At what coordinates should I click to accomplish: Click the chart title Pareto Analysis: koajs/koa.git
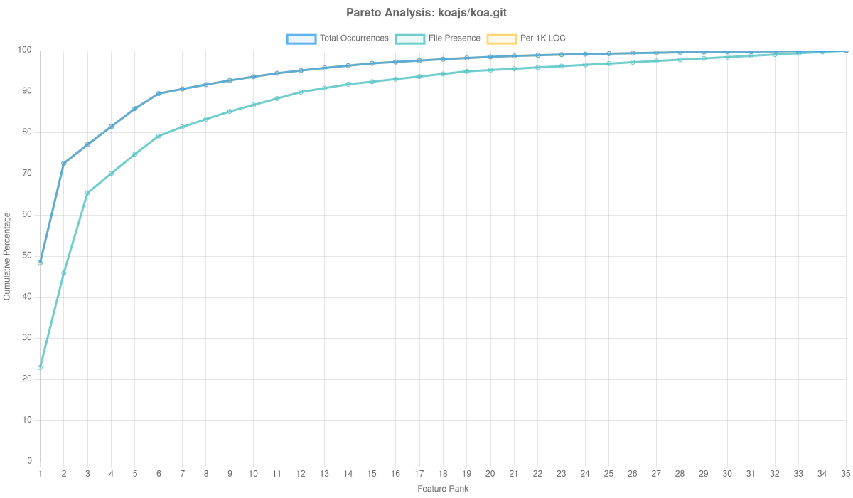coord(426,13)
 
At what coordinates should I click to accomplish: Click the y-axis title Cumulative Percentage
coord(7,256)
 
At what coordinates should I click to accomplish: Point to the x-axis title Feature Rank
coord(443,489)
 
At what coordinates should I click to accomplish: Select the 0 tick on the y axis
coord(29,461)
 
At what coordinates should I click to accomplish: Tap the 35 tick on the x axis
coord(846,473)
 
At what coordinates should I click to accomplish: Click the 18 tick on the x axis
coord(443,473)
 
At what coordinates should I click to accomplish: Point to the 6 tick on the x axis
coord(159,473)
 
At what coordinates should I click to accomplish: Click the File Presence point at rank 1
coord(40,367)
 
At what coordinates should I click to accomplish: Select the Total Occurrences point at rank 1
coord(40,263)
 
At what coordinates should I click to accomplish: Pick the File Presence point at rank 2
coord(64,273)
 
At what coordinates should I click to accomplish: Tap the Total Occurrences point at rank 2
coord(64,164)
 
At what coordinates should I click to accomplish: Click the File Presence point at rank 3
coord(87,193)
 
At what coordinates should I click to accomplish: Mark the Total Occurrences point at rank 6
coord(159,93)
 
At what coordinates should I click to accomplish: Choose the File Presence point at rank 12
coord(301,92)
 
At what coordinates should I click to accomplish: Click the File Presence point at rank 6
coord(159,136)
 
